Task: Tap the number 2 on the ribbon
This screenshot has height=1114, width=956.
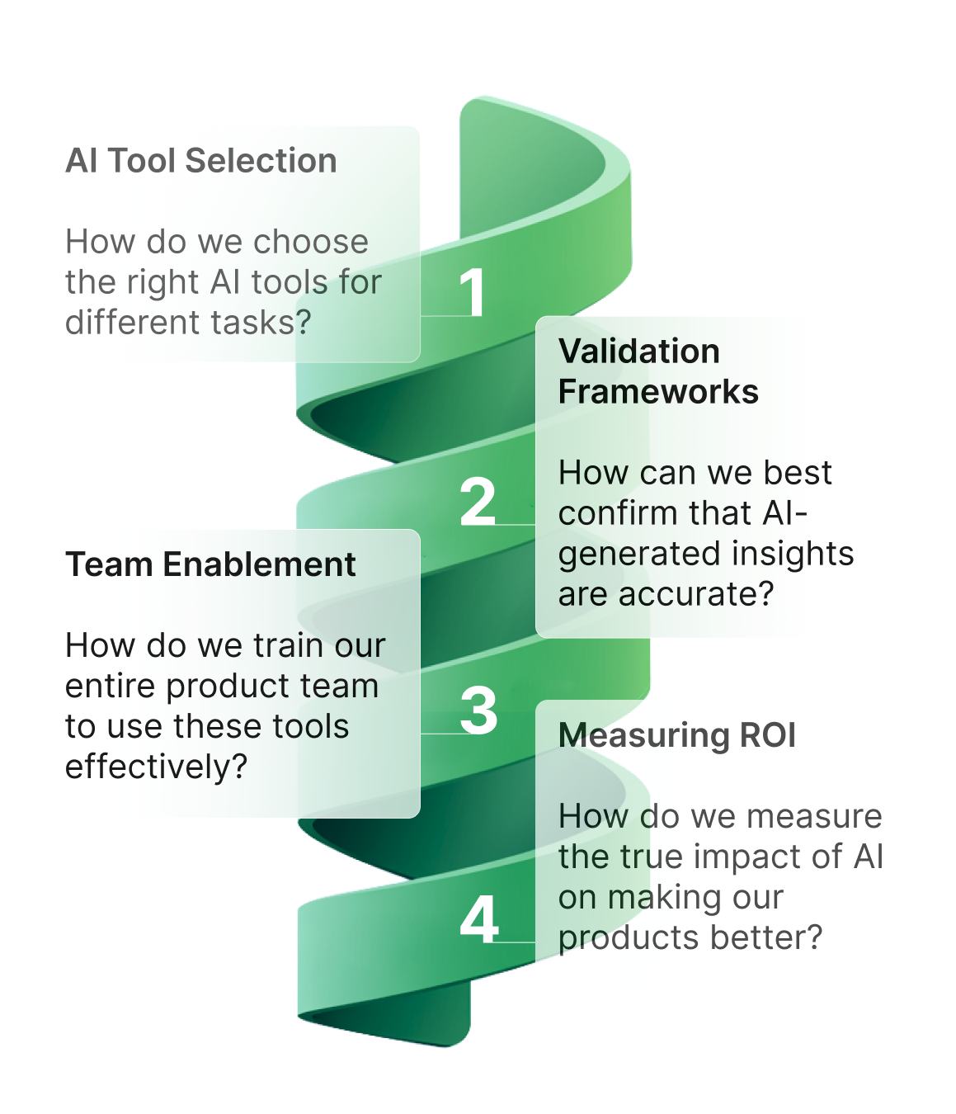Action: [478, 501]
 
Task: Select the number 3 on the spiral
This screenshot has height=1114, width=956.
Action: [478, 710]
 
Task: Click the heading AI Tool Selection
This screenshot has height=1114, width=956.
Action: [201, 161]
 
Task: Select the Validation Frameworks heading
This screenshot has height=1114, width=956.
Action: [658, 371]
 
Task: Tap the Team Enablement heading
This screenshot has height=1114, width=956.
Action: [210, 564]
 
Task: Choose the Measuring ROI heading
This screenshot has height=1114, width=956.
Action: [677, 735]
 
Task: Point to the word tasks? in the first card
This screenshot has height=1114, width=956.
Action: [261, 322]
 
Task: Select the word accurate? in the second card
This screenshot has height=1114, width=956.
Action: [696, 594]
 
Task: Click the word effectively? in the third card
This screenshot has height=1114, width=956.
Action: [156, 767]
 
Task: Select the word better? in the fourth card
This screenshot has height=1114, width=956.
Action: [766, 937]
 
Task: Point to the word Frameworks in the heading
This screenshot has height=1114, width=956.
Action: [658, 391]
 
